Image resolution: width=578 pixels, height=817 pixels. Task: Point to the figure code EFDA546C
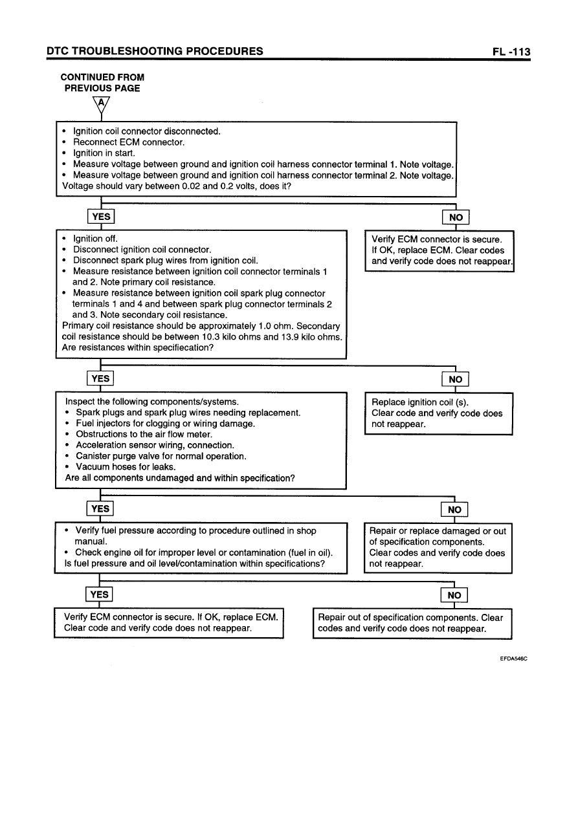pos(513,659)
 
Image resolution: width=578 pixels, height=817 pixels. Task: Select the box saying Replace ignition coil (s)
pos(439,413)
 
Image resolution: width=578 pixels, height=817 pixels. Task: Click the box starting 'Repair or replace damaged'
pos(439,547)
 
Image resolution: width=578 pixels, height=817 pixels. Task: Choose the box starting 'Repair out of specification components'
pos(412,623)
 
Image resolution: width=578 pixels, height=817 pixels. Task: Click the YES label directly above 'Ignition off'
pos(101,217)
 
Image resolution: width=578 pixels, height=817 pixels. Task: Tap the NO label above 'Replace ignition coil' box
pos(455,379)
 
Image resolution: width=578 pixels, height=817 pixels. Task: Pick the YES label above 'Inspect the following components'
pos(101,378)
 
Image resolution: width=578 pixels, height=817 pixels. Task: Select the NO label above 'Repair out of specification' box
pos(454,595)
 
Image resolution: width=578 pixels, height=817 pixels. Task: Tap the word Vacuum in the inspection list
pos(94,467)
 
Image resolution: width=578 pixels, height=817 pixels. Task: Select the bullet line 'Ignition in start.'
pos(104,153)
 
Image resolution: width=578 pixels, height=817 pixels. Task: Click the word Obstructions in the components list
pos(103,435)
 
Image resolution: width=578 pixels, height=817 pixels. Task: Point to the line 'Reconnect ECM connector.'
pos(129,142)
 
